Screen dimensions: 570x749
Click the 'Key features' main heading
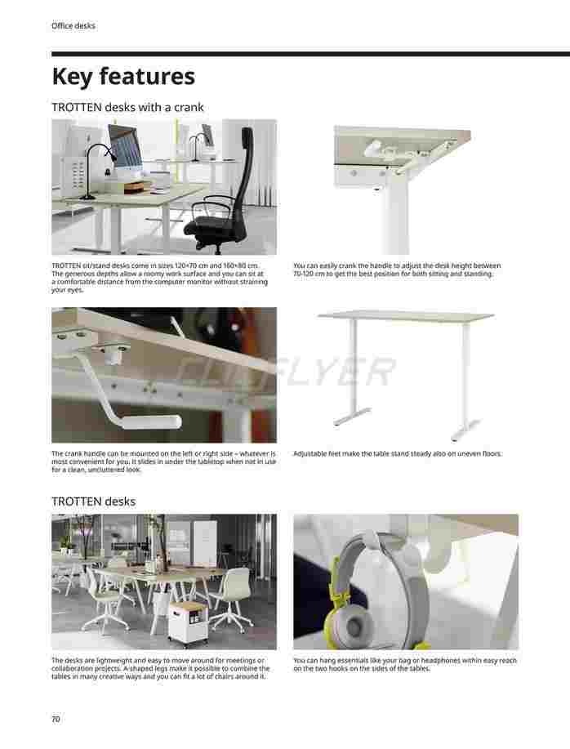[123, 77]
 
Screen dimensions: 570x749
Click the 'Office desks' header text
[73, 26]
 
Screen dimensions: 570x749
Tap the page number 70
[56, 719]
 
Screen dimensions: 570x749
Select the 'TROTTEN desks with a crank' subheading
[127, 108]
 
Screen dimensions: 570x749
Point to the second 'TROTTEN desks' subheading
[94, 502]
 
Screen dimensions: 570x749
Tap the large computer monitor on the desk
[125, 148]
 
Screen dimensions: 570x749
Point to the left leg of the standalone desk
[353, 372]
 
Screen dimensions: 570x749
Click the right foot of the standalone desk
[465, 430]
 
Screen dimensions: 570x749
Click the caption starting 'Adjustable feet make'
[397, 454]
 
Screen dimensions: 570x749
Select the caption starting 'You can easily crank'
[397, 270]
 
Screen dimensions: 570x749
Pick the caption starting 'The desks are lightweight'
[161, 668]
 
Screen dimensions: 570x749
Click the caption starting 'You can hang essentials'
[405, 664]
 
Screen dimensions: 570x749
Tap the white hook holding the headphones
[430, 550]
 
